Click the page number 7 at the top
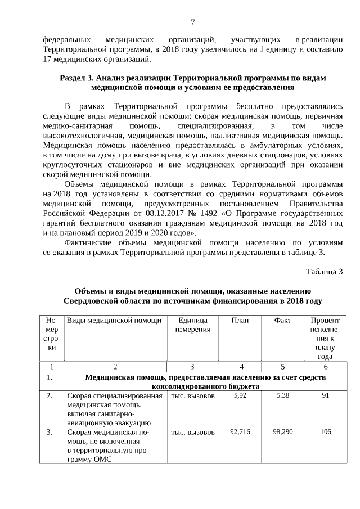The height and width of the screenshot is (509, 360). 192,22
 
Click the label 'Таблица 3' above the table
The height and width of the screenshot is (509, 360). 324,272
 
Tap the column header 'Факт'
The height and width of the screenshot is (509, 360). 282,320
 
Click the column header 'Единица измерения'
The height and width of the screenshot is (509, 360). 192,325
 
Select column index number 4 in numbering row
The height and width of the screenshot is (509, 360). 240,366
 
